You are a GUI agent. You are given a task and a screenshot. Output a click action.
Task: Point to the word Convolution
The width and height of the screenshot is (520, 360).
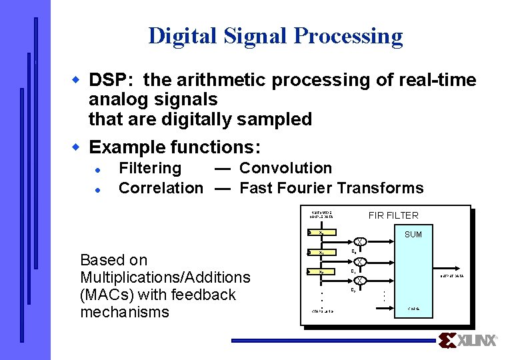click(285, 168)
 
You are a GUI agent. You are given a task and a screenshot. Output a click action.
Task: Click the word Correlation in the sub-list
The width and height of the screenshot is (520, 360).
click(161, 188)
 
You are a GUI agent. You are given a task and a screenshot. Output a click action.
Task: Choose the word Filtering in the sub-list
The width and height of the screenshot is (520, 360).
click(150, 168)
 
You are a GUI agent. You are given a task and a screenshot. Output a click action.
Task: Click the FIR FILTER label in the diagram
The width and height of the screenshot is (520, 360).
click(393, 215)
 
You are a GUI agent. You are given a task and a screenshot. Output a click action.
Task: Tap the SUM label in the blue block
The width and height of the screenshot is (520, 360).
click(413, 235)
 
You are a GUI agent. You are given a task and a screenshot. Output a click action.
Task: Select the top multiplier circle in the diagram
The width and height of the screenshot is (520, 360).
click(359, 242)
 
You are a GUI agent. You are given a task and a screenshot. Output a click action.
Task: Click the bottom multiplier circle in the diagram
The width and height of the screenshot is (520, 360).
click(359, 281)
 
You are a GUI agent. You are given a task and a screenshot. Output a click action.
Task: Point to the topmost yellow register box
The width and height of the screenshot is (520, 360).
click(321, 232)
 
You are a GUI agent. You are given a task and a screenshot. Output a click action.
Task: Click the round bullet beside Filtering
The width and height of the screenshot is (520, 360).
click(97, 169)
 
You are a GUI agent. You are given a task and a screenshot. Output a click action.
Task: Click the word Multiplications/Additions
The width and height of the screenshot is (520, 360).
click(165, 277)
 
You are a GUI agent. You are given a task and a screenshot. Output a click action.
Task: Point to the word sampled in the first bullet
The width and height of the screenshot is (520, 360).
click(280, 120)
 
